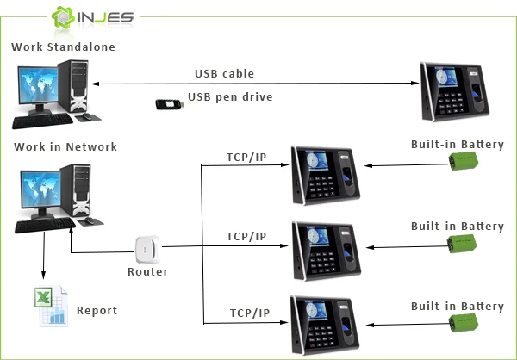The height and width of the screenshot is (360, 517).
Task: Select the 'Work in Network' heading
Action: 65,147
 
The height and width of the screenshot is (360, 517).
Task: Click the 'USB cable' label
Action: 224,74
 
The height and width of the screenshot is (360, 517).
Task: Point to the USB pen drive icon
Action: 171,104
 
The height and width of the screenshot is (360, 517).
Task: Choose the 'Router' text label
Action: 147,272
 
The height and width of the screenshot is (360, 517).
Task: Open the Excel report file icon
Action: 51,307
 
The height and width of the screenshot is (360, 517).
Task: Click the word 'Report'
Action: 97,311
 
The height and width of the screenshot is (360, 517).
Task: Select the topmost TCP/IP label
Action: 246,157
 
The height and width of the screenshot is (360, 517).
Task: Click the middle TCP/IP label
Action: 246,236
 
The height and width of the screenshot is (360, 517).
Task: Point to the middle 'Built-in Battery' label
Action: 457,227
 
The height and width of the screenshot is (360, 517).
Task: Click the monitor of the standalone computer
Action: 35,94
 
